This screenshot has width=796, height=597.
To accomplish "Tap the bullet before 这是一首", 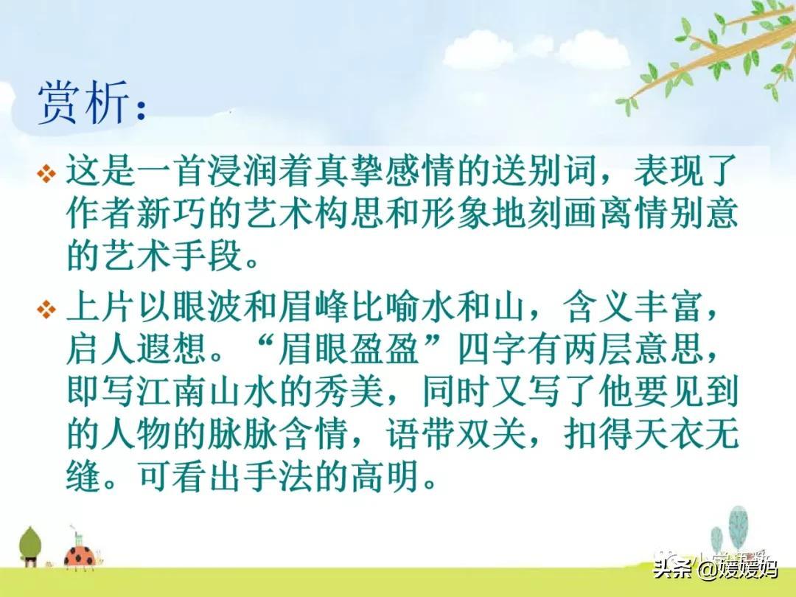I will [x=46, y=175].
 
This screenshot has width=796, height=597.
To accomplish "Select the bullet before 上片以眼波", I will [x=46, y=310].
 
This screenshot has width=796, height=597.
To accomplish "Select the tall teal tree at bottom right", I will [x=738, y=527].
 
